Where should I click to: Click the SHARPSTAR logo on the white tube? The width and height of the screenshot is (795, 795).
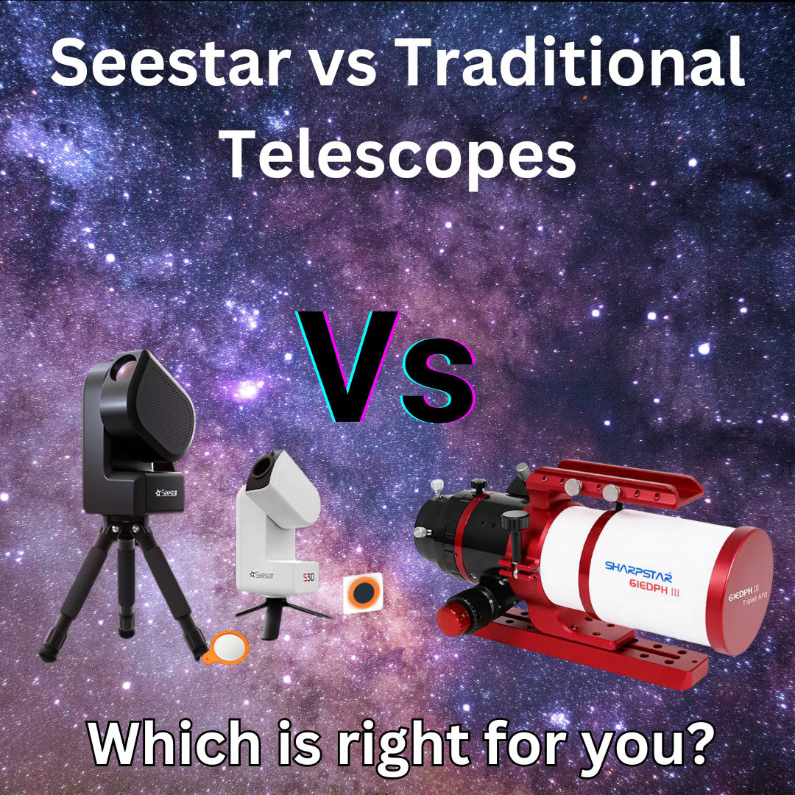637,567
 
